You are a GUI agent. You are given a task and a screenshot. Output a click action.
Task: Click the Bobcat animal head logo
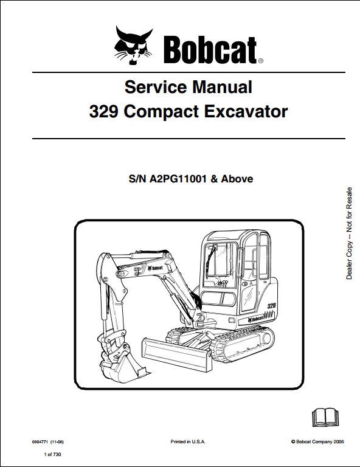tap(133, 46)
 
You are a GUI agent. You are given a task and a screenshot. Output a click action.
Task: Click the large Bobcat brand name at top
tap(210, 50)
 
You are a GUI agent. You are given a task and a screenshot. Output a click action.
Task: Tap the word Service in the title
tap(156, 87)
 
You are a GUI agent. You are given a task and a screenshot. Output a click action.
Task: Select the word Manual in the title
tap(222, 87)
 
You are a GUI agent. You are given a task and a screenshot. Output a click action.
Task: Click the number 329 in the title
tap(104, 112)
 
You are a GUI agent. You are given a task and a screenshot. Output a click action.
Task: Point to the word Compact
tap(161, 112)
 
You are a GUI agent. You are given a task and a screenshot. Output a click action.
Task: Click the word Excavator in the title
tap(246, 112)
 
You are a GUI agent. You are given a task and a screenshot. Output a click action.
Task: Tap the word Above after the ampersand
tap(237, 179)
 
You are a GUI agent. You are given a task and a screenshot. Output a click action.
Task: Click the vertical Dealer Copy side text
tap(349, 233)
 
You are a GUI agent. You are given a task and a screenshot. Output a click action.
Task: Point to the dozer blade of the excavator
tap(177, 355)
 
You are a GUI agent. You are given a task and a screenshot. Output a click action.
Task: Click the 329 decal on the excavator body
tap(271, 306)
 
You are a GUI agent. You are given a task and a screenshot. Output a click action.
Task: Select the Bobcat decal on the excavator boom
tap(156, 268)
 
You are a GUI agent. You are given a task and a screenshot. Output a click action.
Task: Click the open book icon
tap(325, 418)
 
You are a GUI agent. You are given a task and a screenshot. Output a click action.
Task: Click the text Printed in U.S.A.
tap(188, 441)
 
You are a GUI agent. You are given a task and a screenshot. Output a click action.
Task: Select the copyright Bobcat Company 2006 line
tap(317, 441)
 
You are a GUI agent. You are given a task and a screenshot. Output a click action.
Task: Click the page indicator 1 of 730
tap(52, 454)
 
